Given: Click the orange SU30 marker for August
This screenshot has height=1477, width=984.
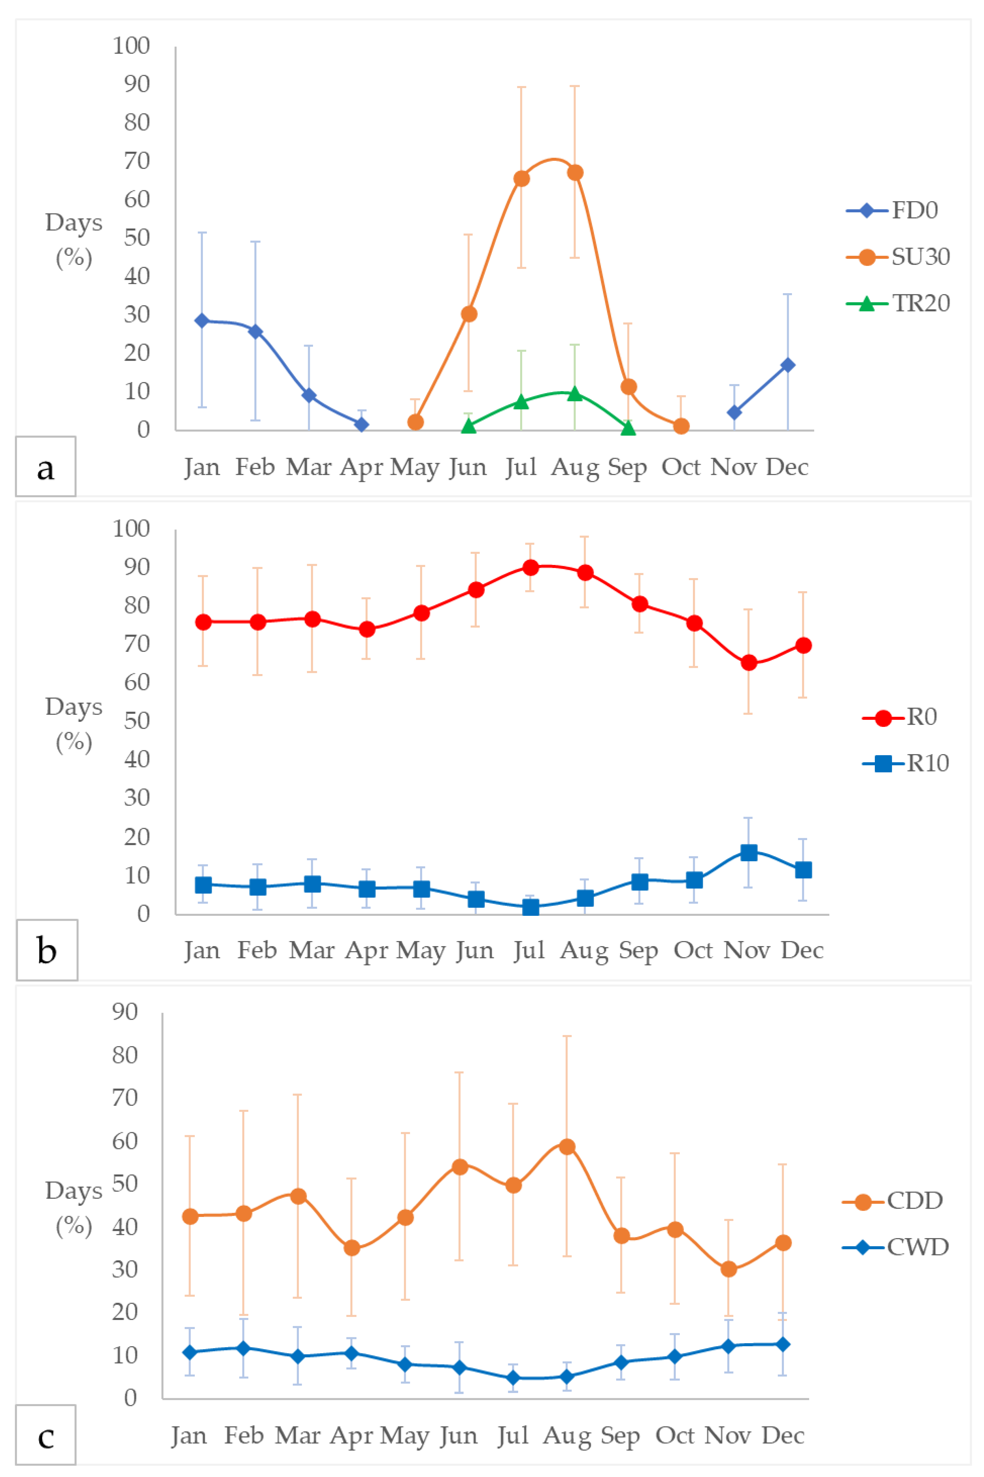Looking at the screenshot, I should pos(575,173).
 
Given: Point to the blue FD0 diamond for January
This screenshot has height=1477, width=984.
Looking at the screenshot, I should pos(202,321).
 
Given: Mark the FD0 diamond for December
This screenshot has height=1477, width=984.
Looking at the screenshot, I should pos(788,365).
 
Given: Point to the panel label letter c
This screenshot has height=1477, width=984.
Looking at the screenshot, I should pos(45,1436).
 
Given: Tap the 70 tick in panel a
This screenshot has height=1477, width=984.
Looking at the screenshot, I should pos(137,161).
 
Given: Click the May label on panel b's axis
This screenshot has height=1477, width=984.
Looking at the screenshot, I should pos(420,951).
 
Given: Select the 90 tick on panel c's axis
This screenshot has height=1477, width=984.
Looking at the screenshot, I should pos(125,1012).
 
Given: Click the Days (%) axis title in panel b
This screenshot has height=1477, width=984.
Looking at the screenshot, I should pos(73,725).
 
